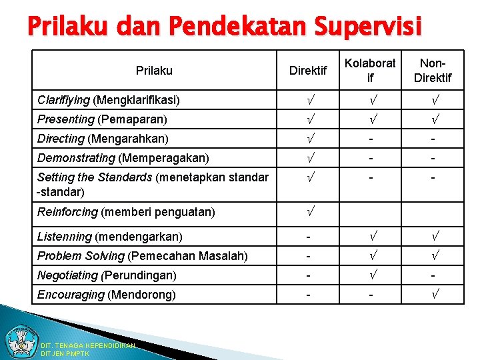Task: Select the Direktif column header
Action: pos(308,70)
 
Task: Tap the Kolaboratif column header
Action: pos(370,70)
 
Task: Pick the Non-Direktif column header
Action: pos(433,70)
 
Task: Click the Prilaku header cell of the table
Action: pos(154,70)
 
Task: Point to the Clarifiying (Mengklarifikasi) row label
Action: pos(108,100)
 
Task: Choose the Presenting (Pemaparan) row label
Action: pos(102,119)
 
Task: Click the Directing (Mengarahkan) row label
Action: pos(103,139)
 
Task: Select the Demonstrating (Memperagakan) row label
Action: pos(123,158)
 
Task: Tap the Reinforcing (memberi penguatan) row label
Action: pos(126,212)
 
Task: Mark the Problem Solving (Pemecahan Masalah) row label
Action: pos(143,256)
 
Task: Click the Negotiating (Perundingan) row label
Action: pos(107,275)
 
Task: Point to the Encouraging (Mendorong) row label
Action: pos(107,295)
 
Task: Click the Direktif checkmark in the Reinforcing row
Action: pos(308,212)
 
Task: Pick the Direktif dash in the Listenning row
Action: pos(308,237)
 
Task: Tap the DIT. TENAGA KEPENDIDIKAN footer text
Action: pos(88,345)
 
